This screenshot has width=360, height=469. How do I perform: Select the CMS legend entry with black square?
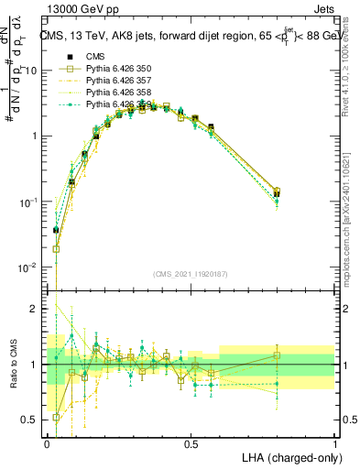[96, 57]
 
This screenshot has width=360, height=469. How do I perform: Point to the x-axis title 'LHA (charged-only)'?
[287, 456]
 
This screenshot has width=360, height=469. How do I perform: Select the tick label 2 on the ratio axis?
[37, 310]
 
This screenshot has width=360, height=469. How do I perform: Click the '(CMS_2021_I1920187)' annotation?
[190, 274]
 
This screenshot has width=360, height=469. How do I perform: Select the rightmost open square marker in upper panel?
[277, 191]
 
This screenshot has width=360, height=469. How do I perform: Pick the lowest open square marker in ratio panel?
[57, 417]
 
